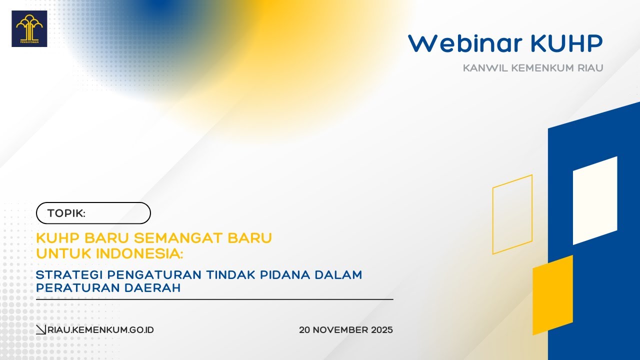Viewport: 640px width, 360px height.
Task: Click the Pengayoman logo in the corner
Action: click(29, 28)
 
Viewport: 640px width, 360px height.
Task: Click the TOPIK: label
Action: click(66, 213)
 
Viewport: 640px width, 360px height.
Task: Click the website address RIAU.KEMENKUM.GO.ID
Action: click(100, 330)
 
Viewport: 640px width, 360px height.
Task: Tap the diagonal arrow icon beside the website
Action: click(41, 329)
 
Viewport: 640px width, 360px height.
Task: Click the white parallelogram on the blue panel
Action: click(595, 200)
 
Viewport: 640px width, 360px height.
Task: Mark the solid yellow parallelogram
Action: click(552, 294)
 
